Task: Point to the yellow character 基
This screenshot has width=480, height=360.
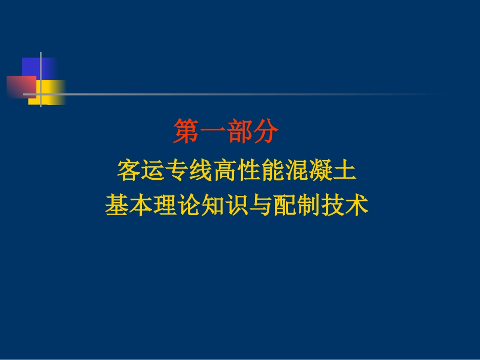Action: click(117, 205)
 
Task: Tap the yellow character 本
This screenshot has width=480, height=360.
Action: click(141, 205)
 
